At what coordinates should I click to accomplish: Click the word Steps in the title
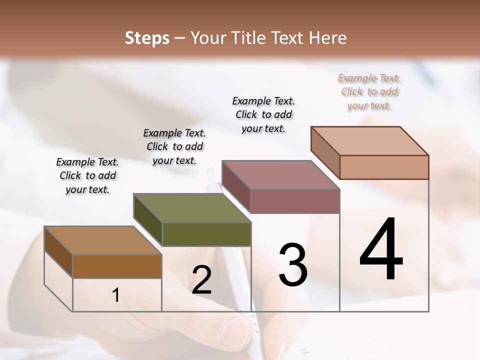[x=147, y=38]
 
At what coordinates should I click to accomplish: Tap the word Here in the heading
[x=327, y=38]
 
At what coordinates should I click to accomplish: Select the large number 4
[x=381, y=249]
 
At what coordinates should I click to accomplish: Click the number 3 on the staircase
[x=292, y=264]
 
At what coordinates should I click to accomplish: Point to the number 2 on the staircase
[x=201, y=280]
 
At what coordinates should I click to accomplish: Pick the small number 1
[x=115, y=295]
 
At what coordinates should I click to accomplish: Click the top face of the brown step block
[x=102, y=240]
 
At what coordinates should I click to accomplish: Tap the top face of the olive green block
[x=191, y=207]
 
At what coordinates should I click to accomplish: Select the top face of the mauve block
[x=280, y=175]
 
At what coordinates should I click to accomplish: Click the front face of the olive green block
[x=206, y=234]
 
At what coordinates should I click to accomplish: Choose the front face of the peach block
[x=384, y=167]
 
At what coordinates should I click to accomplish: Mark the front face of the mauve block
[x=295, y=201]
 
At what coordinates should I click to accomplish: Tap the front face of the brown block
[x=117, y=266]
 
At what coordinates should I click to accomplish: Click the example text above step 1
[x=87, y=175]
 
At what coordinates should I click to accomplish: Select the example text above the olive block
[x=174, y=146]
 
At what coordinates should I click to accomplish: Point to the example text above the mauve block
[x=263, y=114]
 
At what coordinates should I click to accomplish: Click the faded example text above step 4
[x=369, y=91]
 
